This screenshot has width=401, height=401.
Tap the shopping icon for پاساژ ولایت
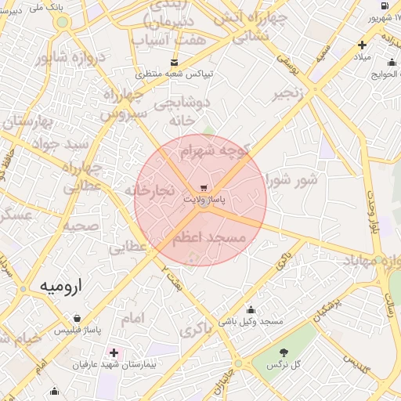204,188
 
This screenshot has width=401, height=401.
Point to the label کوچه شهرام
215,150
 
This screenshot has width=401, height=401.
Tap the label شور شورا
292,179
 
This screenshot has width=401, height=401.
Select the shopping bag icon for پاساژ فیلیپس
77,319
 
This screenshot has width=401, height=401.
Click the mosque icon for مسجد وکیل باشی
251,309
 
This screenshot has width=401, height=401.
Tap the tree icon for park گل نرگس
284,353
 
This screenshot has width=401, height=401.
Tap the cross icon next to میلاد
362,45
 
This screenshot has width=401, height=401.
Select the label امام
133,319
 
